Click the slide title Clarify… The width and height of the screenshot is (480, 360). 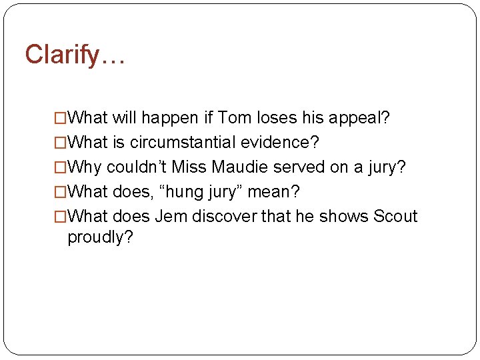(75, 55)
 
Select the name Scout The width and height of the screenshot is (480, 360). (395, 217)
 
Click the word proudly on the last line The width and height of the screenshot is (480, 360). (101, 238)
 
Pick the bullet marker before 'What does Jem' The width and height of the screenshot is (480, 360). (61, 217)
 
